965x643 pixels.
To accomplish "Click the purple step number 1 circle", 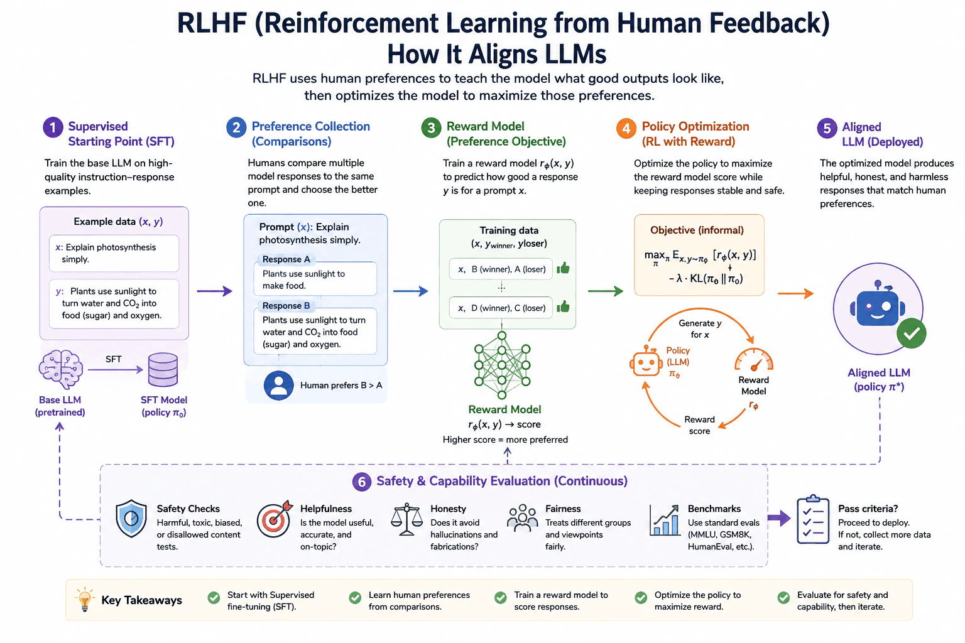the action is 53,127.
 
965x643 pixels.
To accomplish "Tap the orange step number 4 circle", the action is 626,128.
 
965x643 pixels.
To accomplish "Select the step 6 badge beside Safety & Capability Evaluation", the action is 362,482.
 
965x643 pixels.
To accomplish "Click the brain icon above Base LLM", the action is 61,369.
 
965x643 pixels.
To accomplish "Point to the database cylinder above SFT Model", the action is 163,369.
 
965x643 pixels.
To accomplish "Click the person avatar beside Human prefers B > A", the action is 279,385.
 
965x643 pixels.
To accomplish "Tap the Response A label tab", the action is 286,259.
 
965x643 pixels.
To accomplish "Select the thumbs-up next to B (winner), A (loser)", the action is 563,268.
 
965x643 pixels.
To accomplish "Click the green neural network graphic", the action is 502,365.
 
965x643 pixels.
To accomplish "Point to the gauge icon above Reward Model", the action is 754,360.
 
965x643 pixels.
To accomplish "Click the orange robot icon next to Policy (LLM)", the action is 645,361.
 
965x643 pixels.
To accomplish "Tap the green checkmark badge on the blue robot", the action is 911,333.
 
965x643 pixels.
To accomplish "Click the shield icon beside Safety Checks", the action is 131,519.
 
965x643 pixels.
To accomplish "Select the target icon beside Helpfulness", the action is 275,519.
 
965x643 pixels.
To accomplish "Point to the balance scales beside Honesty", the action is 406,519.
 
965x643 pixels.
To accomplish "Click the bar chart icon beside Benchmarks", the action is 665,520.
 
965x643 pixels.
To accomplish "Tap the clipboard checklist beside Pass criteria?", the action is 813,519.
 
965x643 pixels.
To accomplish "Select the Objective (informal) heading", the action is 697,230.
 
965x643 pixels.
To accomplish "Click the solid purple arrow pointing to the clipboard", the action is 779,518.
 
